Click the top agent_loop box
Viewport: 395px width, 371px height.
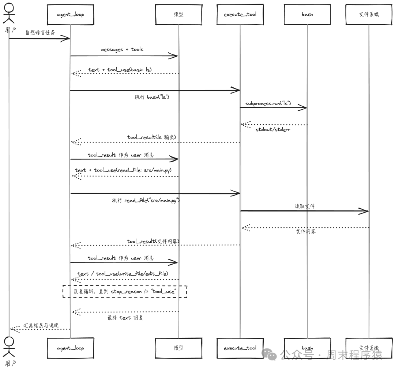coord(70,15)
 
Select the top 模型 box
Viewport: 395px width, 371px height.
coord(178,15)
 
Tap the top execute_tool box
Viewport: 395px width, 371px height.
coord(240,15)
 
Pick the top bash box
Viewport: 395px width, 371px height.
coord(307,15)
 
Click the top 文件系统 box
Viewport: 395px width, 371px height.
coord(369,15)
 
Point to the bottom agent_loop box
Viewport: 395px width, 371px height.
coord(70,348)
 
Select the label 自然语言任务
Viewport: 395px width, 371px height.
coord(40,33)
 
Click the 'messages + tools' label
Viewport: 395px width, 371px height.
coord(122,49)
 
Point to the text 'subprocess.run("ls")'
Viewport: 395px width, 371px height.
coord(268,103)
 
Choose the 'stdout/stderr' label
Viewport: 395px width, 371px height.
coord(273,129)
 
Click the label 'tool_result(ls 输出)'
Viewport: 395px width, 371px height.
coord(151,137)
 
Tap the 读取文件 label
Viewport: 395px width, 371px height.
coord(304,206)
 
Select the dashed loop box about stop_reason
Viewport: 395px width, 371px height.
coord(125,291)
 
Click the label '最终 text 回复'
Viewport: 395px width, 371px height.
coord(125,318)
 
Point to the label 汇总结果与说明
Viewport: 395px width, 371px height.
coord(41,325)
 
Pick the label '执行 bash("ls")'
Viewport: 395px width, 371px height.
coord(152,97)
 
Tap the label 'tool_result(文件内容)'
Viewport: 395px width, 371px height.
coord(153,241)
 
